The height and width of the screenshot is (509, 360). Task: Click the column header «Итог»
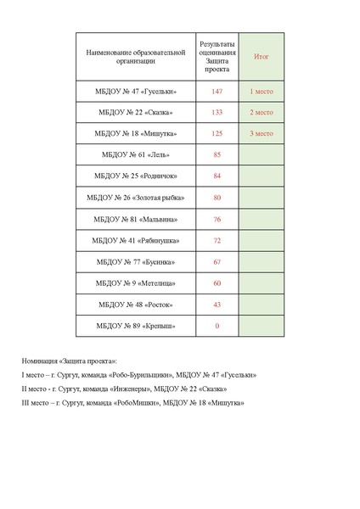[x=262, y=56]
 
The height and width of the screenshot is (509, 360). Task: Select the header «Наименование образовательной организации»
[x=136, y=56]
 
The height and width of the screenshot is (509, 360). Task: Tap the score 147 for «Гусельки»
[x=217, y=91]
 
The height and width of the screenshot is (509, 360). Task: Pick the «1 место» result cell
[x=262, y=91]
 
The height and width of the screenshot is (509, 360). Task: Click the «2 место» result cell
[x=262, y=112]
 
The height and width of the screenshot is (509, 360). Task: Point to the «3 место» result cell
[x=262, y=133]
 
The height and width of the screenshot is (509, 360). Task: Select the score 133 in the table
[x=217, y=112]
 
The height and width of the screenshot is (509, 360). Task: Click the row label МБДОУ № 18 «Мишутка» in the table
[x=136, y=133]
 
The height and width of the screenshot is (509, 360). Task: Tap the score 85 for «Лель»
[x=217, y=155]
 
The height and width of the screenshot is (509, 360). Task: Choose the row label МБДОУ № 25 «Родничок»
[x=136, y=176]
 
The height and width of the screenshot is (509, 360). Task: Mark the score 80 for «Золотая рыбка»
[x=217, y=198]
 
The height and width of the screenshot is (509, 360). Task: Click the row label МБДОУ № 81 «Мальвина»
[x=136, y=220]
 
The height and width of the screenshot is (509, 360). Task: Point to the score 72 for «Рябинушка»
[x=217, y=241]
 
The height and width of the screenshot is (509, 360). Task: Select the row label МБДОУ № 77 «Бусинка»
[x=136, y=262]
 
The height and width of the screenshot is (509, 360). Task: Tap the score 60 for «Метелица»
[x=217, y=283]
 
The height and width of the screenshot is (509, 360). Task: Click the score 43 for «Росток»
[x=217, y=305]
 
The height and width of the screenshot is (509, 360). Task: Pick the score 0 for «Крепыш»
[x=217, y=327]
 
